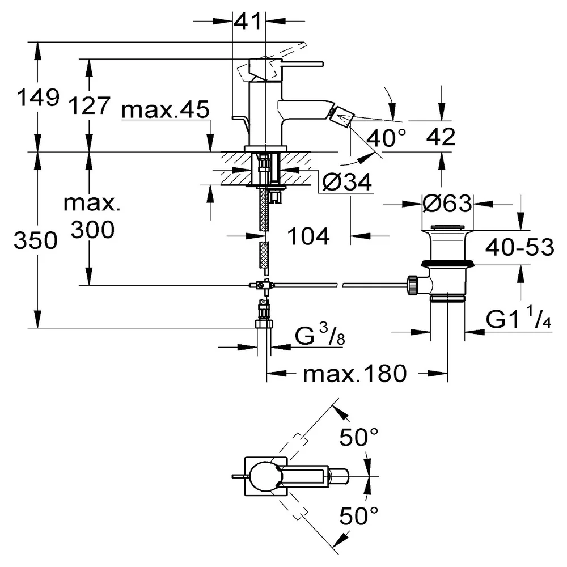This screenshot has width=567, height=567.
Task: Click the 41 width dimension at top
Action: coord(248,22)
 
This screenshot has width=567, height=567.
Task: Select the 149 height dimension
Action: coord(38,98)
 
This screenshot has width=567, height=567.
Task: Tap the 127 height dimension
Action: coord(89,105)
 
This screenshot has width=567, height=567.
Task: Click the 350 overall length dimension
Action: coord(35,240)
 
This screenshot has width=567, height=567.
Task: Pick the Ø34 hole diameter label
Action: coord(347,182)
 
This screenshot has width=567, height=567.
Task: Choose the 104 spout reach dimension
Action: coord(308,236)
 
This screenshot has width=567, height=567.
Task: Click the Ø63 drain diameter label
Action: coord(447,204)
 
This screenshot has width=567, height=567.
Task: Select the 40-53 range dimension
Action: coord(519,247)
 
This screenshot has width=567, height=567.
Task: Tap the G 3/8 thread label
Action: coord(320,335)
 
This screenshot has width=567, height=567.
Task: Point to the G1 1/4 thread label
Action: coord(518,318)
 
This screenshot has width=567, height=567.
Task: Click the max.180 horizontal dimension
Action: coord(355,374)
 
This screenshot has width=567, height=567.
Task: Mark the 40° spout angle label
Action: coord(386,138)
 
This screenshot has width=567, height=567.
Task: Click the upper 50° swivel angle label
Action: coord(359,437)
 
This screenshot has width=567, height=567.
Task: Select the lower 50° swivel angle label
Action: coord(359,515)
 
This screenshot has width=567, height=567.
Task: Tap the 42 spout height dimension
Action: coord(441,137)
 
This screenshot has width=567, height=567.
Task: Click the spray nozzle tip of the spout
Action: coord(340,116)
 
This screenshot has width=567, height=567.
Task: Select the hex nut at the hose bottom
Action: coord(264,324)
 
